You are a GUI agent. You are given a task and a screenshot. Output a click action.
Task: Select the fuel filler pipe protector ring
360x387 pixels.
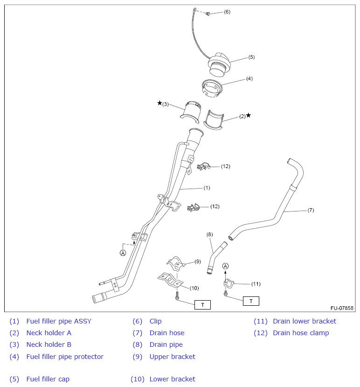[x=212, y=88]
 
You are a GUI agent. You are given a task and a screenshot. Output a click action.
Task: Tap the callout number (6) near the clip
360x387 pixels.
[x=227, y=12]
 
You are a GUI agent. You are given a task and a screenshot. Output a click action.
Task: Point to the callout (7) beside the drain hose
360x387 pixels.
[x=311, y=210]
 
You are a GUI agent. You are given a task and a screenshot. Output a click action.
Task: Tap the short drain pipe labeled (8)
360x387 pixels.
[x=214, y=256]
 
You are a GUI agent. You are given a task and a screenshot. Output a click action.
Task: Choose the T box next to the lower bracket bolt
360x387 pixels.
[x=202, y=305]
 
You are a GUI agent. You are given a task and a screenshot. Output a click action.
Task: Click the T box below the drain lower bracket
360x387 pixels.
[x=251, y=301]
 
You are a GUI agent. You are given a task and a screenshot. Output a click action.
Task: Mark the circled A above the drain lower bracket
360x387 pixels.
[x=226, y=266]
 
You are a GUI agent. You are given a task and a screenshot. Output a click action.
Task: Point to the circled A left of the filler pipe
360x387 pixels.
[x=123, y=253]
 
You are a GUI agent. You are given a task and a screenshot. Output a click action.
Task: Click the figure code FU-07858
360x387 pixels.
[x=342, y=309]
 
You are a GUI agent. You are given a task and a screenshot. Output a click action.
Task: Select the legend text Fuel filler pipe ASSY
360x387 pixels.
[x=59, y=321]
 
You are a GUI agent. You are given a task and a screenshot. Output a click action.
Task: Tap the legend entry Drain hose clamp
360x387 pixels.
[x=301, y=333]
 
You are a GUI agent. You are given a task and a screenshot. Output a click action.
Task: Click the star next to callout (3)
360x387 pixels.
[x=159, y=103]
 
